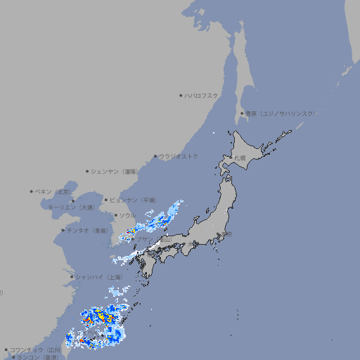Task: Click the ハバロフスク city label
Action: [202, 95]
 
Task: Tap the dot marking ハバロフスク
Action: [181, 95]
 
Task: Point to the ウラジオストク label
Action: [179, 156]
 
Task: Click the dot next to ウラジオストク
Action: [155, 156]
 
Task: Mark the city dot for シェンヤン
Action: [87, 171]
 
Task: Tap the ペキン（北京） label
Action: [53, 191]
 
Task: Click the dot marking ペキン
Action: [31, 191]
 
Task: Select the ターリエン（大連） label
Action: [71, 207]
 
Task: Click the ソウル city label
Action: [127, 215]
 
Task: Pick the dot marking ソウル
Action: [115, 215]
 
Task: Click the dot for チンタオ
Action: [63, 230]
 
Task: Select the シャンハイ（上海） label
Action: [99, 277]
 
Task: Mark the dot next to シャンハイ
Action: [72, 277]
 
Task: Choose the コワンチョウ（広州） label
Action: [36, 349]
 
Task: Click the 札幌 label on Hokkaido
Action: [240, 158]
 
